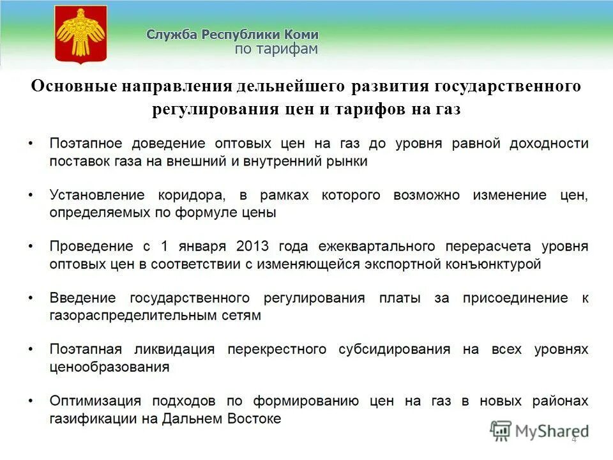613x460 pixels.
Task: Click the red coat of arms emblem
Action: pos(80,34)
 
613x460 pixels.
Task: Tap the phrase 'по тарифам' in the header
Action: pos(276,50)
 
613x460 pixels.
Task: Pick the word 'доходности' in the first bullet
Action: pos(549,143)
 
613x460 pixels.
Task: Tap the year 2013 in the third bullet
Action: pos(252,246)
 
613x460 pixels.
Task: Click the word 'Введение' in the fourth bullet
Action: pos(83,298)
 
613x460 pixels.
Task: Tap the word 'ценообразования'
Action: pos(109,367)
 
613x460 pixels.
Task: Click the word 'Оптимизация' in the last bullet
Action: pos(95,401)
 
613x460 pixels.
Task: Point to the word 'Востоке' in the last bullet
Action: pos(256,419)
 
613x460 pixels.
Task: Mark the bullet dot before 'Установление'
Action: pos(31,195)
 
